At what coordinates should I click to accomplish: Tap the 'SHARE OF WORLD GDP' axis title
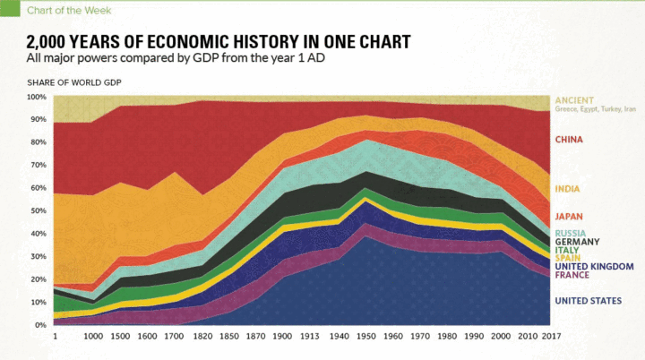73,82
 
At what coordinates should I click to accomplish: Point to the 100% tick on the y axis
37,97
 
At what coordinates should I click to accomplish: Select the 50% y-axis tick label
39,210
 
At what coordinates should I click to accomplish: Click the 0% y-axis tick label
41,325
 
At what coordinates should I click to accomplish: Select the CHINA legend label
570,140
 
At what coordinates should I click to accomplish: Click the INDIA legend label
568,188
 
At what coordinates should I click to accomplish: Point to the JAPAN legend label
570,217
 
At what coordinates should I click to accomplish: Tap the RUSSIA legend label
572,233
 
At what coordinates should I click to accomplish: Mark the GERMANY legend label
577,242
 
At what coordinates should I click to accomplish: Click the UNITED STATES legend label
587,301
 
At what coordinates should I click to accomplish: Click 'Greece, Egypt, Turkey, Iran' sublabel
595,109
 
